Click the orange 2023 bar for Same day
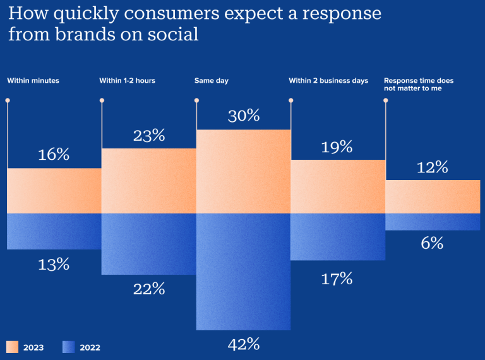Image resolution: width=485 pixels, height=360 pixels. click(x=243, y=171)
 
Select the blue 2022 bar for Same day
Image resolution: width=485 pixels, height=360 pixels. click(x=243, y=272)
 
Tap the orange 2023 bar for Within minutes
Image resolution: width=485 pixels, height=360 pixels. click(x=54, y=191)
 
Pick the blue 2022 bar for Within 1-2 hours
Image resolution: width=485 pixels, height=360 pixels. click(x=148, y=244)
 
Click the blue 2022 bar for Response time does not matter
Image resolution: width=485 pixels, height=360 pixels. click(x=433, y=222)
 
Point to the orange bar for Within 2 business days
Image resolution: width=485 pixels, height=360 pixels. click(x=338, y=186)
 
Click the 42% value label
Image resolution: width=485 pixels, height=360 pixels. click(x=243, y=344)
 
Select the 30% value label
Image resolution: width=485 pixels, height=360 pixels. click(x=243, y=116)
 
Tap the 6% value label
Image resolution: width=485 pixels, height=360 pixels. click(x=432, y=243)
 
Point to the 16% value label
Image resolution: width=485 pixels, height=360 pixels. click(x=54, y=154)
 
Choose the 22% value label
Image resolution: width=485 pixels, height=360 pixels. click(x=149, y=289)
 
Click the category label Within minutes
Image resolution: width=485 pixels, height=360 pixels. click(x=33, y=81)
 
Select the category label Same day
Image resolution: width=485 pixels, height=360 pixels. click(x=212, y=81)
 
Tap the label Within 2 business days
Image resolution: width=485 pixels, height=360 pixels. click(x=328, y=81)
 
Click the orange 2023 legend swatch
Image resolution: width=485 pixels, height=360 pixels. click(x=13, y=347)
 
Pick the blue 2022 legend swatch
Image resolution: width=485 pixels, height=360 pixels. click(x=69, y=347)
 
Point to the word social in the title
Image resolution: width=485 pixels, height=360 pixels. click(x=171, y=34)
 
